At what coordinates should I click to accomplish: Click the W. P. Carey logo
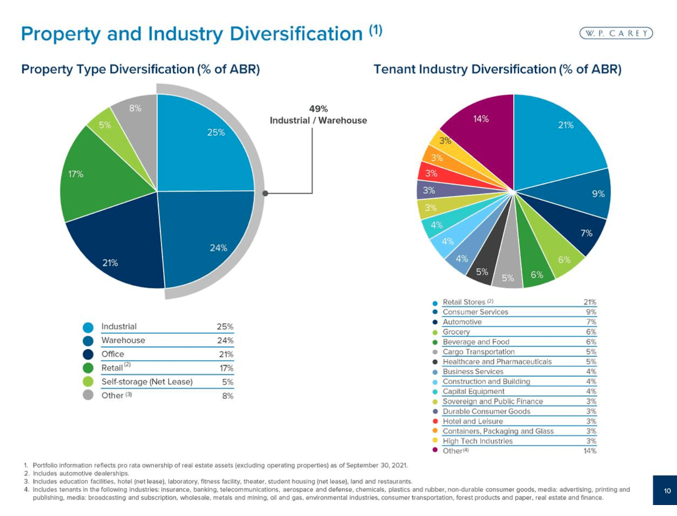click(x=616, y=33)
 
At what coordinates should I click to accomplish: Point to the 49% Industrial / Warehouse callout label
click(x=318, y=115)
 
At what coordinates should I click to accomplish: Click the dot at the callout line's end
click(x=265, y=193)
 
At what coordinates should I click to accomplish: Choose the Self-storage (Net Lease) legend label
click(x=147, y=382)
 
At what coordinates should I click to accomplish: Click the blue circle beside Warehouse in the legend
click(x=88, y=341)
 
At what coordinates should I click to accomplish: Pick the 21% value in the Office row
click(x=226, y=354)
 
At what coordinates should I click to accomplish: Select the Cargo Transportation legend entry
click(x=479, y=352)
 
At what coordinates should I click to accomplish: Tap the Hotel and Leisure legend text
click(x=473, y=421)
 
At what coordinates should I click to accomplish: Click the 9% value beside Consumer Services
click(x=591, y=312)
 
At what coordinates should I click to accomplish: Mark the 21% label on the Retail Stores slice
click(x=566, y=125)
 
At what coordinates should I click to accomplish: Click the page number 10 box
click(x=667, y=491)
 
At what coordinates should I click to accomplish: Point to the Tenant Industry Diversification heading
click(x=497, y=69)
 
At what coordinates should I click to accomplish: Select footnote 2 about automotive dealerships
click(x=80, y=473)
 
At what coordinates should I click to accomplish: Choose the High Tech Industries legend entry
click(x=477, y=441)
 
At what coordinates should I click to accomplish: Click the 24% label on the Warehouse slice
click(x=218, y=248)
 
